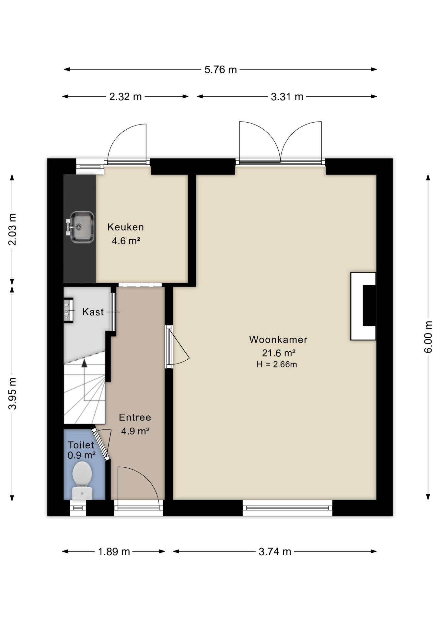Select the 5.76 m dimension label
[221, 70]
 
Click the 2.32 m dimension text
[125, 97]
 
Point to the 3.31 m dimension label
[287, 97]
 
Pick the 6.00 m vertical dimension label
[428, 337]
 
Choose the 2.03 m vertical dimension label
[12, 230]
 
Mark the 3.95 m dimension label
[12, 393]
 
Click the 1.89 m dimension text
[114, 551]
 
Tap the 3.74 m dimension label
[275, 551]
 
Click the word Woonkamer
[278, 340]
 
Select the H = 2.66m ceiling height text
[277, 365]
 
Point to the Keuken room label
[126, 227]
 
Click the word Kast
[93, 312]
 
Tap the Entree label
[135, 417]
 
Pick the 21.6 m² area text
[279, 353]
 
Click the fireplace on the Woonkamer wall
[363, 306]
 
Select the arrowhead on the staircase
[84, 363]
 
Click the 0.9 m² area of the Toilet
[81, 455]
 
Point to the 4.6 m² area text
[126, 241]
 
